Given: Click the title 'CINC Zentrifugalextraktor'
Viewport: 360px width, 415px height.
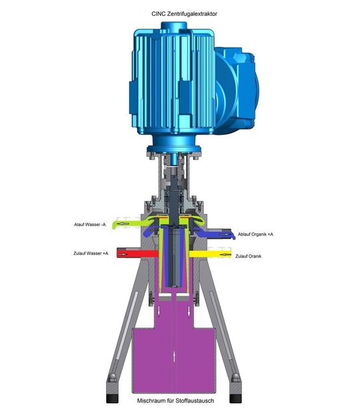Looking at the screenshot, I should [180, 12].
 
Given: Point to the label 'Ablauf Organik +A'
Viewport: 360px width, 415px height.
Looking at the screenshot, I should [255, 234].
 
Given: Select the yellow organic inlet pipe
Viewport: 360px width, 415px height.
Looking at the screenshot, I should [213, 254].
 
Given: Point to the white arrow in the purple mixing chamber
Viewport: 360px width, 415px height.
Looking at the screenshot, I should [175, 354].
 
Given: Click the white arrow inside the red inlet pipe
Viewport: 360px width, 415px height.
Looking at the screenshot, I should [125, 253].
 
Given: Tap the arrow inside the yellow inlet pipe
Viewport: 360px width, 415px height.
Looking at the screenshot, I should [225, 254].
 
